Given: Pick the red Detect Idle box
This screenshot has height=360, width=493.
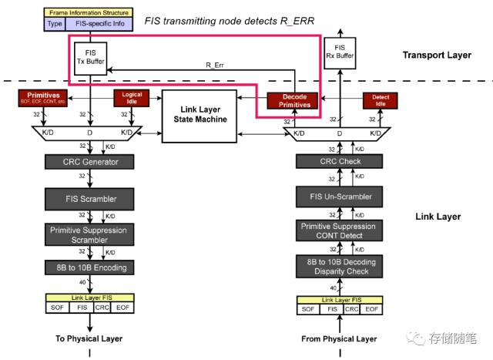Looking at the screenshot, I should (380, 99).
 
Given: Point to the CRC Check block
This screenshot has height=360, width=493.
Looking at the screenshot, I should (340, 161).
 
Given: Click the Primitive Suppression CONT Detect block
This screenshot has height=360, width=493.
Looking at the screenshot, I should (340, 230).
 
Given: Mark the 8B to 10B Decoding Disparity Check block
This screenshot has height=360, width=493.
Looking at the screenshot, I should (340, 266).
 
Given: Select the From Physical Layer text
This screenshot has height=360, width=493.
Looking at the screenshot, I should (339, 338).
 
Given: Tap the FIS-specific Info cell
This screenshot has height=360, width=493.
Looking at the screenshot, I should (101, 23).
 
